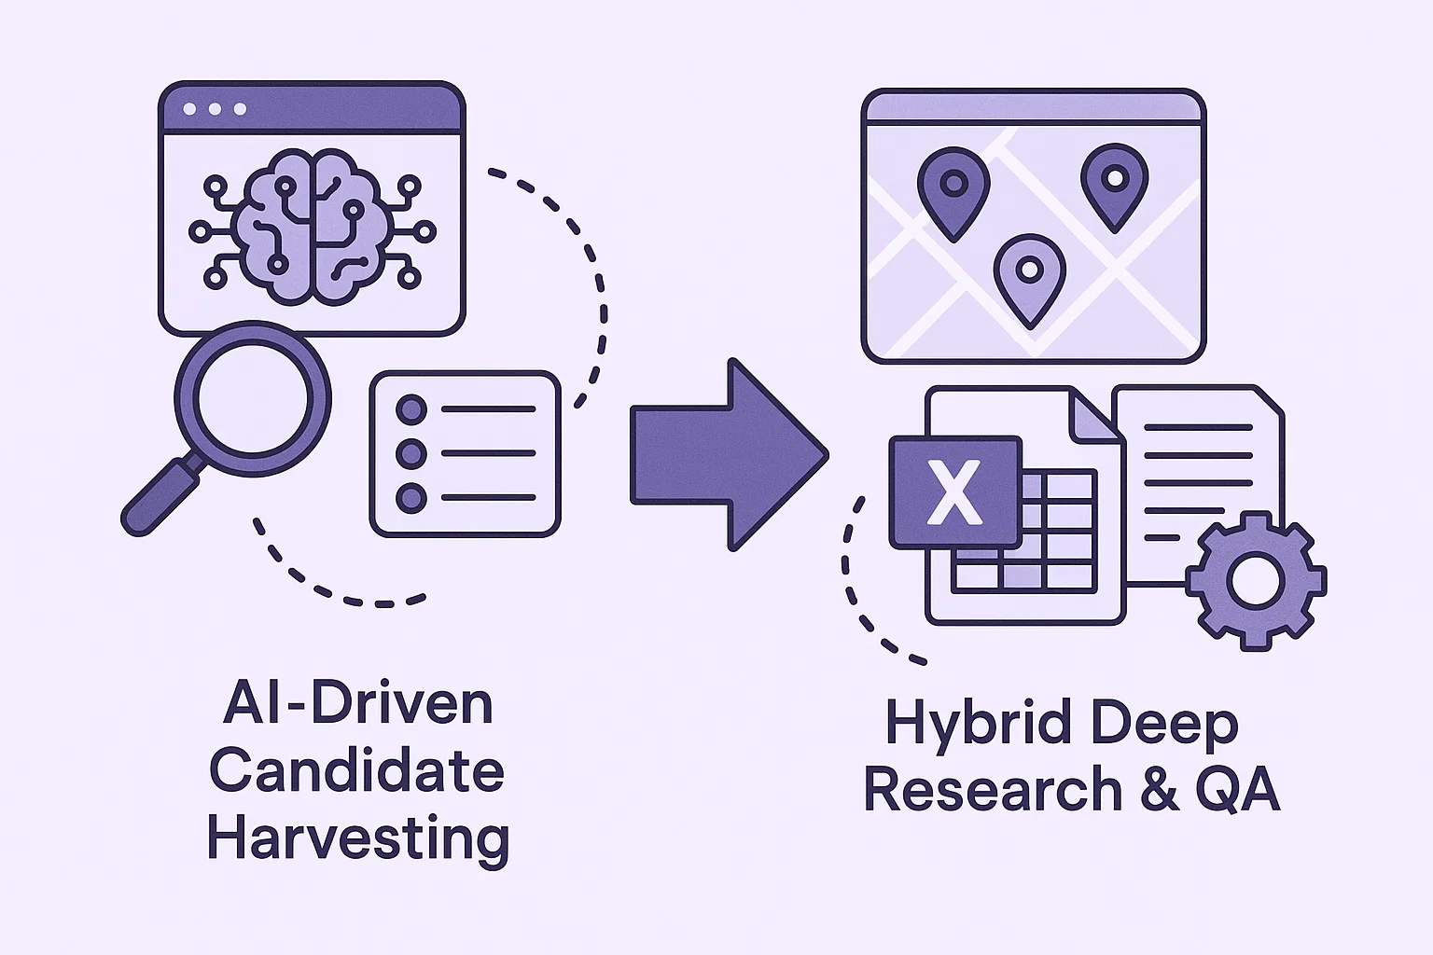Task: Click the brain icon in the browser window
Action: [x=311, y=227]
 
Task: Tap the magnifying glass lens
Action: [x=253, y=398]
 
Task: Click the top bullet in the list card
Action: [x=411, y=409]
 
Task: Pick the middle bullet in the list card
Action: [x=411, y=454]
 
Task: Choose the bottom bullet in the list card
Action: [x=411, y=498]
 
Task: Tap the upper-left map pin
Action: [x=953, y=187]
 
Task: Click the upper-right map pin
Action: [x=1114, y=182]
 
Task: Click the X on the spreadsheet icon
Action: [x=954, y=492]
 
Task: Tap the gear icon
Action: [x=1256, y=580]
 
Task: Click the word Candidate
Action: [x=356, y=771]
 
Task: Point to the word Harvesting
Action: [x=358, y=839]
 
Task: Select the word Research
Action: [x=993, y=790]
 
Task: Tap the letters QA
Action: [x=1237, y=790]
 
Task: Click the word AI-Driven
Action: [x=358, y=704]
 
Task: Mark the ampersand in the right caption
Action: [x=1159, y=790]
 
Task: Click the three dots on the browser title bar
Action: [x=215, y=109]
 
